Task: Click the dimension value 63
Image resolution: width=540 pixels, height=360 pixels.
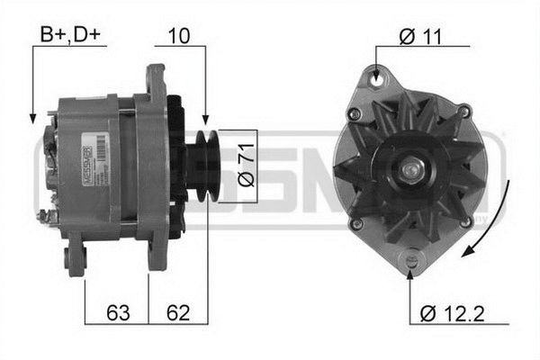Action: point(117,313)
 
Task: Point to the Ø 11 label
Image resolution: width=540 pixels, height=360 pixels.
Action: point(419,36)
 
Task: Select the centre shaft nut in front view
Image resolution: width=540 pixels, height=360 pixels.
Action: point(413,167)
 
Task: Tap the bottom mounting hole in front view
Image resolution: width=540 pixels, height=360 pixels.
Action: point(412,260)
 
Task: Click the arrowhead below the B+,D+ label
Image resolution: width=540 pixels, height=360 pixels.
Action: point(32,119)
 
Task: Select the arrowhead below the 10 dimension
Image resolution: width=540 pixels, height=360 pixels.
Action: point(205,121)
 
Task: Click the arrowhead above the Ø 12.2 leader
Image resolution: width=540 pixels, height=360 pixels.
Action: point(412,272)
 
